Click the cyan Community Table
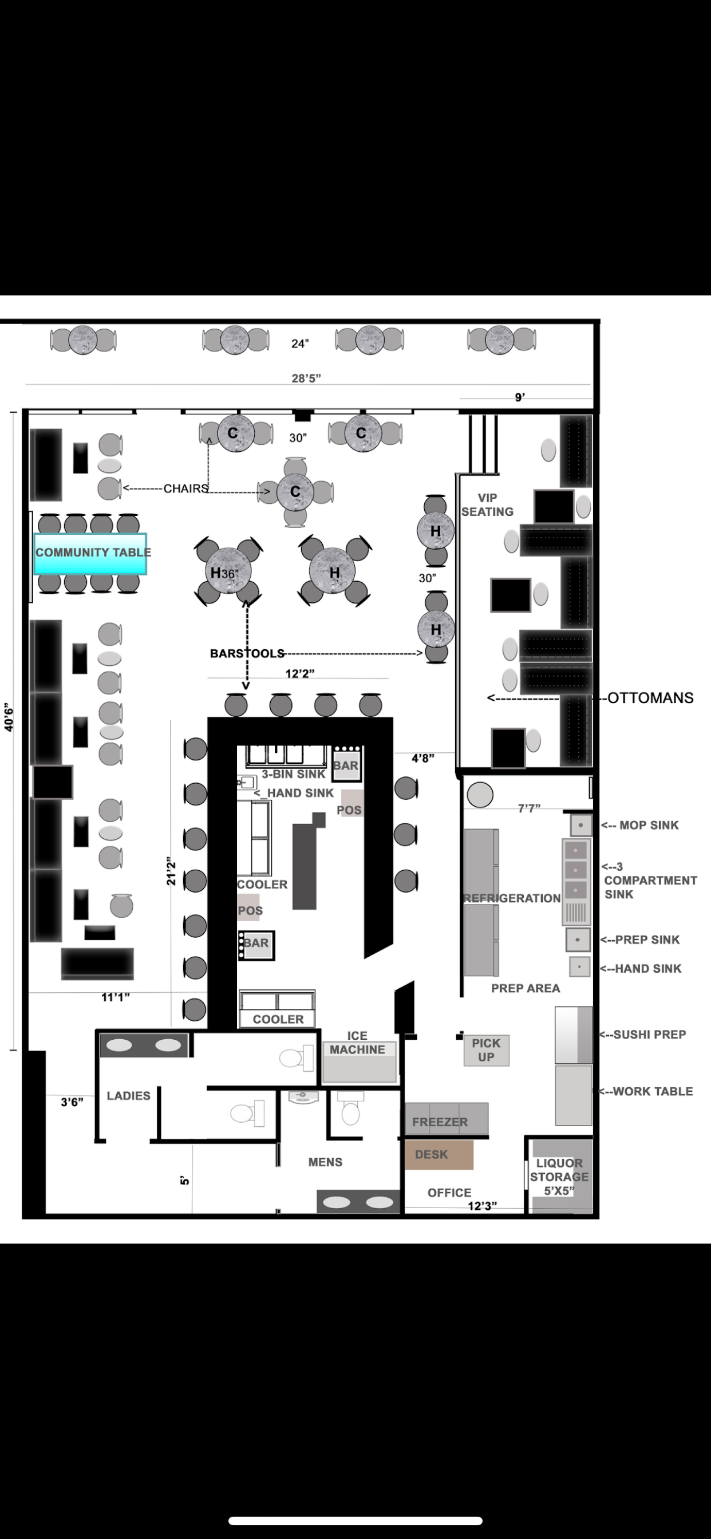click(x=90, y=553)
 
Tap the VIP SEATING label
click(x=487, y=505)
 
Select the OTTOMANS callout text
click(x=650, y=698)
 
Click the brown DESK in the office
click(x=439, y=1154)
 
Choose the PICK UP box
click(x=487, y=1049)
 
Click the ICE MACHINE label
click(x=357, y=1043)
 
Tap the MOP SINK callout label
click(x=648, y=825)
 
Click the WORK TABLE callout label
click(x=653, y=1091)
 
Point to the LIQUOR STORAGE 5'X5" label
click(x=559, y=1177)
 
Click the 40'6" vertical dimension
click(x=9, y=717)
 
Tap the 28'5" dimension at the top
click(x=306, y=378)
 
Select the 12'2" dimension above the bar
click(x=299, y=673)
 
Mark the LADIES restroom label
click(x=128, y=1095)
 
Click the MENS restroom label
click(x=325, y=1162)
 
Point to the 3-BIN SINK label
click(x=293, y=774)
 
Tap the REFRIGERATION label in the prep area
click(x=512, y=898)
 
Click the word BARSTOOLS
click(x=247, y=653)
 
